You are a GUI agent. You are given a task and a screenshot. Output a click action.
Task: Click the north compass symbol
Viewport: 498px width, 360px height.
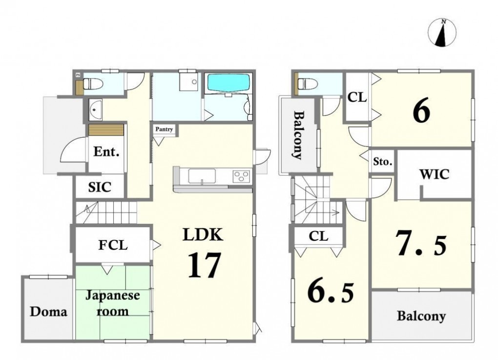coord(442,33)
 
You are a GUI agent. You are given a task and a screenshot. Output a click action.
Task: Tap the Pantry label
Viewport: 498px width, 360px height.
coord(164,129)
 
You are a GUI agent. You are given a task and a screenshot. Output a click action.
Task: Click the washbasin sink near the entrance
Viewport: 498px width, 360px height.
coord(95,109)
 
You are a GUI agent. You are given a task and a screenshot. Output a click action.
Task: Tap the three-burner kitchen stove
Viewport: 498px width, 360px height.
coord(241,176)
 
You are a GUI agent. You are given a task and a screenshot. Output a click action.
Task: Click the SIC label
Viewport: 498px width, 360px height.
coord(100,187)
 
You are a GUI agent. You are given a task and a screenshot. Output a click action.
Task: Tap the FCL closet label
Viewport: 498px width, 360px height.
coord(113,245)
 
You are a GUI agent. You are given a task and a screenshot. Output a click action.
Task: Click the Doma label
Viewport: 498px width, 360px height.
coord(49,312)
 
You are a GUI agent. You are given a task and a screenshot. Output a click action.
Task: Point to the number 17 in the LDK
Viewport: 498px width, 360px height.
coord(204,265)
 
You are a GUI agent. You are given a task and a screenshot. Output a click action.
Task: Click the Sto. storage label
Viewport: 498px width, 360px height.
coord(383,162)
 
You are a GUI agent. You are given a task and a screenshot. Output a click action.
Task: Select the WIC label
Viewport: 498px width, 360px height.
coord(434,174)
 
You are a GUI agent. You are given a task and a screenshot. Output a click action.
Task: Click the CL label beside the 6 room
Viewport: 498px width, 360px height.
coord(357,97)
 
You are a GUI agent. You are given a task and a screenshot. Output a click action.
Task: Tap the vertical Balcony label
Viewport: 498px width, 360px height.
coord(297,135)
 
